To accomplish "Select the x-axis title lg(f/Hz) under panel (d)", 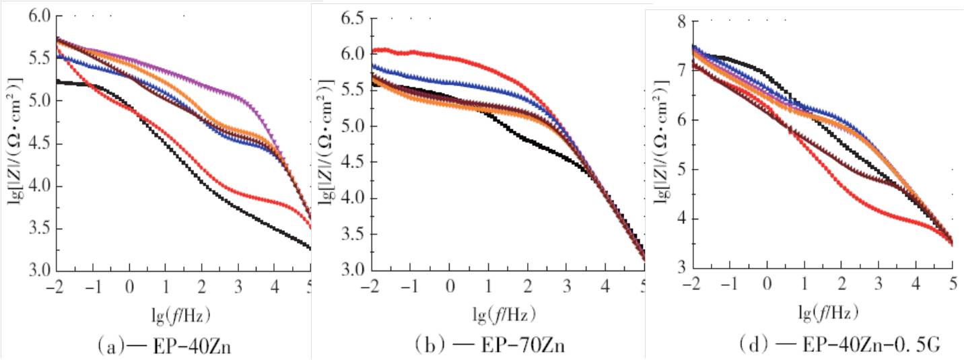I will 827,312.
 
